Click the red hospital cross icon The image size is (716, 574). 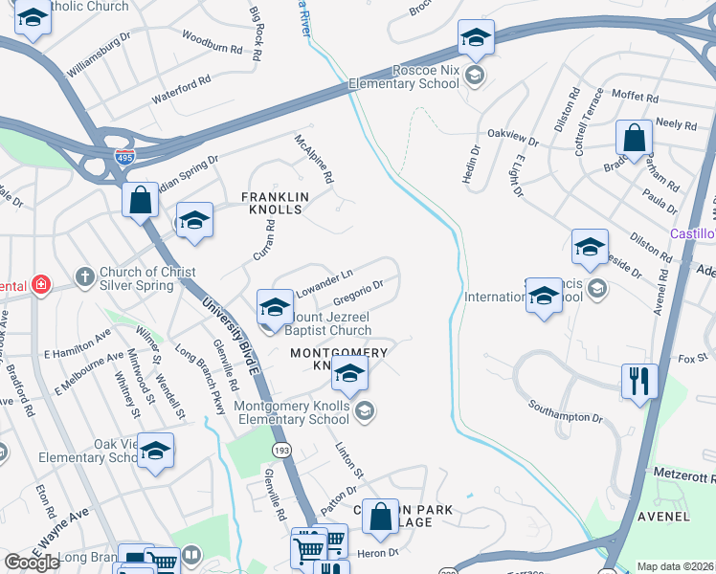(x=40, y=284)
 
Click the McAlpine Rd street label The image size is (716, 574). (x=314, y=159)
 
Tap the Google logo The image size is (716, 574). (x=32, y=562)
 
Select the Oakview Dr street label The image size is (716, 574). (x=513, y=137)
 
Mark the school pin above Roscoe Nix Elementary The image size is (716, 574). (x=476, y=38)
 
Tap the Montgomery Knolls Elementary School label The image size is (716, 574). (x=292, y=412)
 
